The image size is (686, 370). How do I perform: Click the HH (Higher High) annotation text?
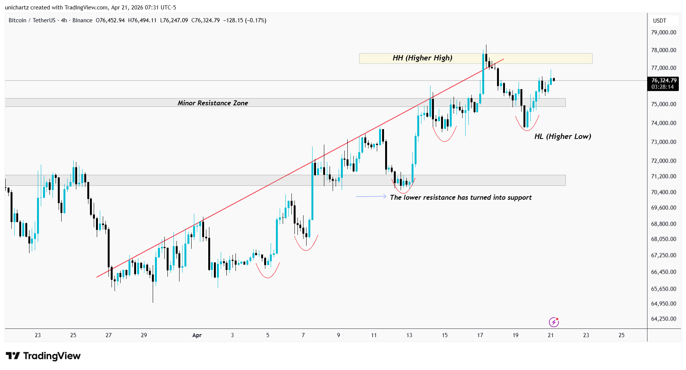point(422,58)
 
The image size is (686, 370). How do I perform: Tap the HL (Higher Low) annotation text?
point(562,136)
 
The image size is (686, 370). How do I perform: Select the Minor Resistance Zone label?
point(213,103)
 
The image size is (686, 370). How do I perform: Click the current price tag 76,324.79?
point(664,80)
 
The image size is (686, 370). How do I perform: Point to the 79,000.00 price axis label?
point(663,32)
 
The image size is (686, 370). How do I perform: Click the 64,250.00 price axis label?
point(663,319)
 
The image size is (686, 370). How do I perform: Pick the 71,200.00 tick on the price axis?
point(663,176)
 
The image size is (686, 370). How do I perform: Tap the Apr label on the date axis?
point(197,335)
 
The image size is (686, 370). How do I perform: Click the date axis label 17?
point(480,335)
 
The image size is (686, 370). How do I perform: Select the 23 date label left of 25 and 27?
point(38,335)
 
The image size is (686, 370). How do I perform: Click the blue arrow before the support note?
point(371,196)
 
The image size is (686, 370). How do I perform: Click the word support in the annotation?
point(519,197)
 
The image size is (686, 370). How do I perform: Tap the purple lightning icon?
point(554,322)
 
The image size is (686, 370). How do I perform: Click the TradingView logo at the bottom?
point(43,356)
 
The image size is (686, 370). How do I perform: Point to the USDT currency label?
point(660,21)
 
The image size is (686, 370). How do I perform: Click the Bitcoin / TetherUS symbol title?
point(32,20)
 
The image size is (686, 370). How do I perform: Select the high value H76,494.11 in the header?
point(142,20)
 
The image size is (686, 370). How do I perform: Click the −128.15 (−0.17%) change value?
point(245,20)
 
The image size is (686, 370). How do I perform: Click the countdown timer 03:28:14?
point(662,87)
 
